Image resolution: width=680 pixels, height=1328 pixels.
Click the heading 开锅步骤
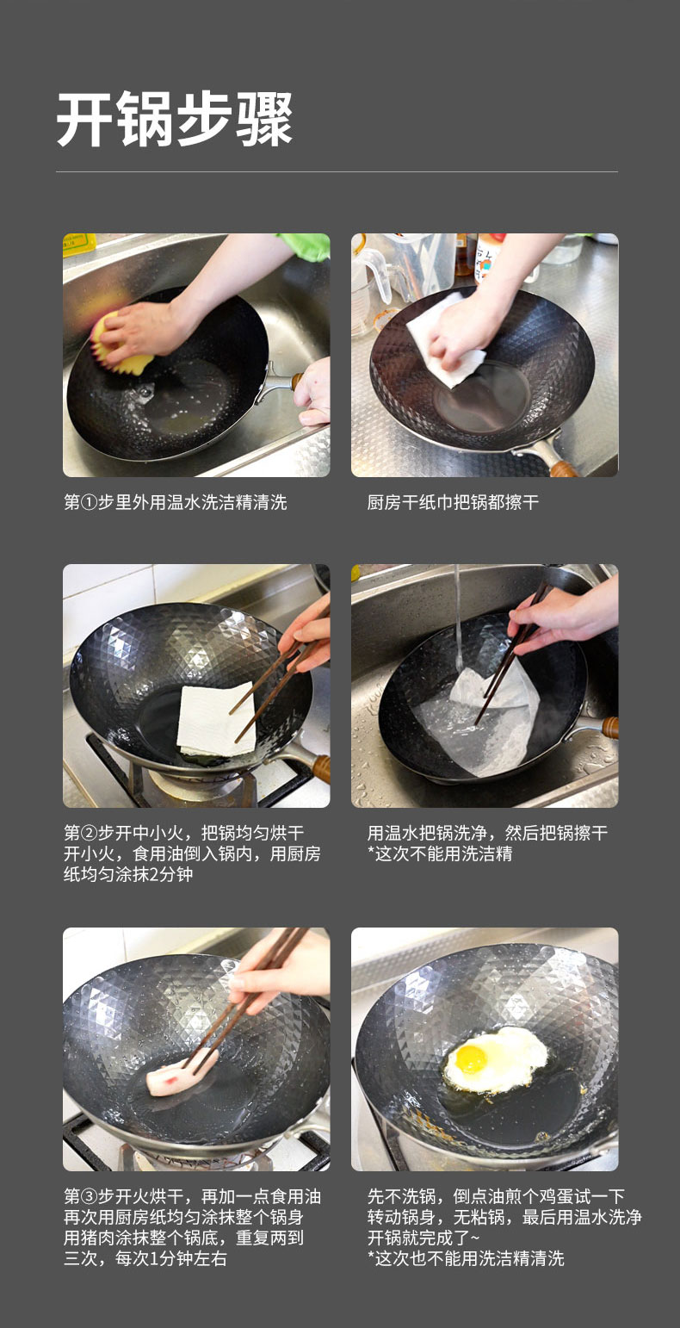175,119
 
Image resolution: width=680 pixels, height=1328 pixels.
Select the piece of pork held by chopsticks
182,1070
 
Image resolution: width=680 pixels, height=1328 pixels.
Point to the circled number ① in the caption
89,503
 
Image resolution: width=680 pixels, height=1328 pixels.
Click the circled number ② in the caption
89,833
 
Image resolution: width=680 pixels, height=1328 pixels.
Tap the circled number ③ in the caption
89,1196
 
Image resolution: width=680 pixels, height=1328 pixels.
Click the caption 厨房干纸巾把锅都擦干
453,503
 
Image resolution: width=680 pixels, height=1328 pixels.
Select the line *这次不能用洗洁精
440,853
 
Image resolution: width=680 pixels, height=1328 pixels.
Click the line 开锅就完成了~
423,1238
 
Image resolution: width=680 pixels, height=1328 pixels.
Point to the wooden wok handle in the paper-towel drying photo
563,469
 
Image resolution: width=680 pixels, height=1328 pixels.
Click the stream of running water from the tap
457,617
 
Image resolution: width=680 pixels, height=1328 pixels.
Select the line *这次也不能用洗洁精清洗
466,1258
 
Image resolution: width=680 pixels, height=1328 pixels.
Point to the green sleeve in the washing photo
305,246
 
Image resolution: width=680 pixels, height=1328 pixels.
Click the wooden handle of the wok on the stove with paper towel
321,768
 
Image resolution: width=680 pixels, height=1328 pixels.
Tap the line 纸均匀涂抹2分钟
128,874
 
